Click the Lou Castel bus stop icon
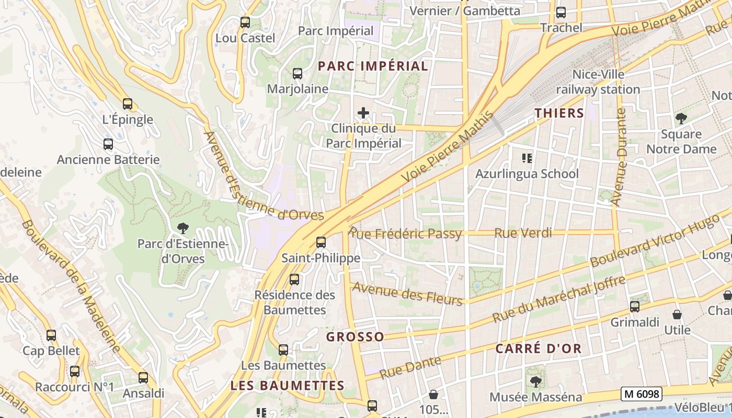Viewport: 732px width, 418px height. coord(245,22)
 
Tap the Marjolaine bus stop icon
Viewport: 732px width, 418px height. coord(298,74)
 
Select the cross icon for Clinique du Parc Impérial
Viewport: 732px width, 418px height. coord(363,113)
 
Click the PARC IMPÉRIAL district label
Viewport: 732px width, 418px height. coord(373,66)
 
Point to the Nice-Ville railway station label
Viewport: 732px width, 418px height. coord(598,82)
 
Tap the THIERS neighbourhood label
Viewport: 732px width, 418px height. coord(559,113)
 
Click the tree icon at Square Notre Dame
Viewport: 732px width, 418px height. coord(681,119)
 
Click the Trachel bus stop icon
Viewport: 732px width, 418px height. coord(561,13)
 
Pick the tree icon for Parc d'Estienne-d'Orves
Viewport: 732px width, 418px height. coord(182,228)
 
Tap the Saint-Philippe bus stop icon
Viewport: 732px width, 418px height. coord(321,242)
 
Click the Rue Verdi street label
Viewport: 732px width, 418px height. coord(523,233)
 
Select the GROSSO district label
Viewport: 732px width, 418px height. coord(355,337)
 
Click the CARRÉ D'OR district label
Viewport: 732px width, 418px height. coord(538,349)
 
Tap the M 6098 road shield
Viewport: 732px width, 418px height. coord(642,394)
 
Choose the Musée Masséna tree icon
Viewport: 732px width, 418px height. coord(535,382)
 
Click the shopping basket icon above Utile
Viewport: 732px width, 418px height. coord(677,315)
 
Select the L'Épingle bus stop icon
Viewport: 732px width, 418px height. coord(128,104)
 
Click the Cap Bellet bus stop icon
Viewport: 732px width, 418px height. coord(51,335)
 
